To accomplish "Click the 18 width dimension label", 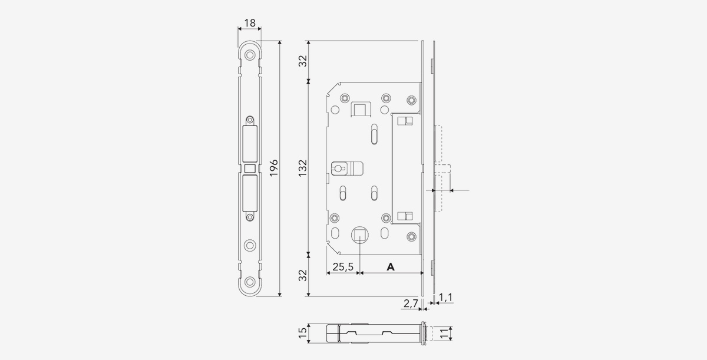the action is pos(250,23).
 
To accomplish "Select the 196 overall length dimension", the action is pos(273,168).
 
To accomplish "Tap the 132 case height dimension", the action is pos(303,168).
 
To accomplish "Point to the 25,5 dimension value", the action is pos(343,267).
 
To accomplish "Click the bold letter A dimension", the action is pos(391,267).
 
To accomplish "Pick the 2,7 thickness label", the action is pos(411,303).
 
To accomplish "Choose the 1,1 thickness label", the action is pos(445,298).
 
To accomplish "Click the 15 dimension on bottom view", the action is pos(303,333).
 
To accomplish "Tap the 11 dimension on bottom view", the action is pos(444,333).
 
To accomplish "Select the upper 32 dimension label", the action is pos(303,61).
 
